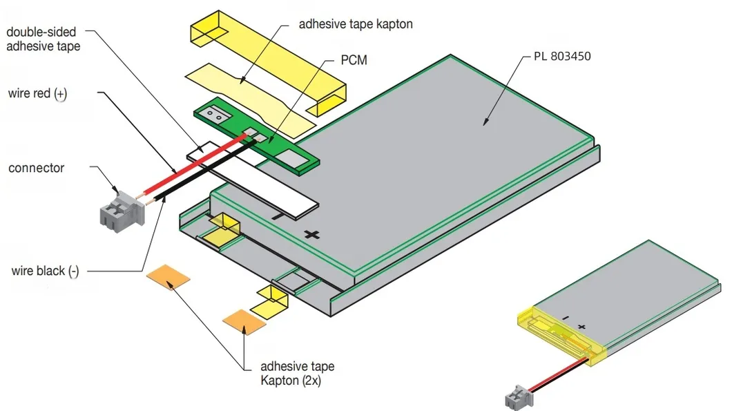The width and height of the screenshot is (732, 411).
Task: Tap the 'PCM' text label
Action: [354, 61]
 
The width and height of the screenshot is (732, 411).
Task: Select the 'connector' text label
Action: [36, 168]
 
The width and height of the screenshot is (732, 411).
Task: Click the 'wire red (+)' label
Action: [38, 93]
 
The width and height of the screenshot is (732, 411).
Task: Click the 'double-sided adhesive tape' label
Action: [44, 39]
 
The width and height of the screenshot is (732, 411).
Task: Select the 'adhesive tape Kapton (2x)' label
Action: [297, 373]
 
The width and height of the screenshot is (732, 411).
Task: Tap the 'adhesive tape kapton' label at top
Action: [356, 24]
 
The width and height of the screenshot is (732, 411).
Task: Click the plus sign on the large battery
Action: [312, 235]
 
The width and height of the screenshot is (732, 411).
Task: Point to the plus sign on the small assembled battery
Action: [581, 327]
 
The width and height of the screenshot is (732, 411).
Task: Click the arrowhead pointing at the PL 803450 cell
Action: [485, 122]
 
